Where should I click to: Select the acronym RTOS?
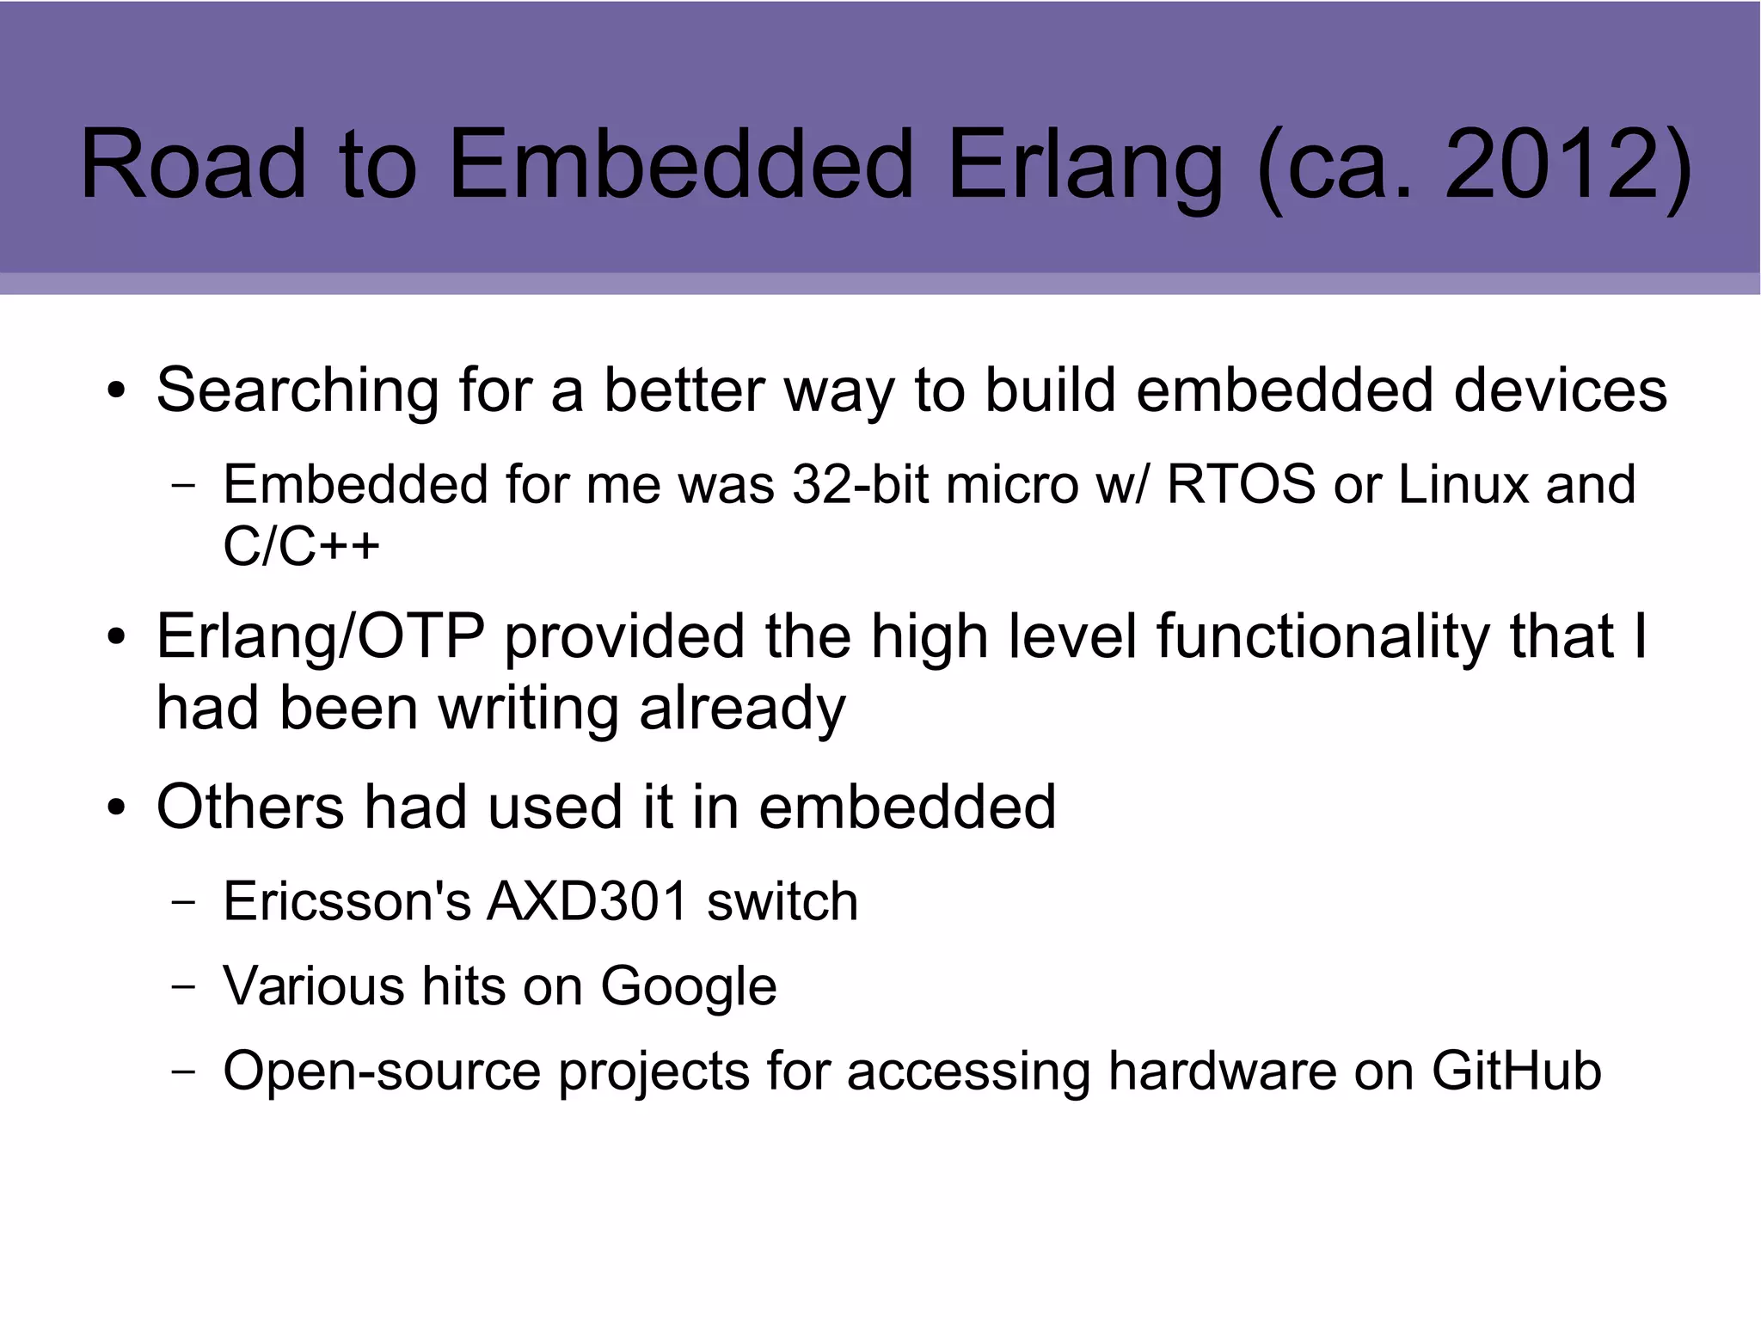pyautogui.click(x=1240, y=484)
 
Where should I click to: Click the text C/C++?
pyautogui.click(x=301, y=545)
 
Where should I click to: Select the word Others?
pyautogui.click(x=249, y=807)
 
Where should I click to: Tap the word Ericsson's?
pyautogui.click(x=347, y=901)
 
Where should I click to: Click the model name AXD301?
pyautogui.click(x=588, y=901)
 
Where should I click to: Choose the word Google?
pyautogui.click(x=688, y=986)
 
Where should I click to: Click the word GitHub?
pyautogui.click(x=1516, y=1071)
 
